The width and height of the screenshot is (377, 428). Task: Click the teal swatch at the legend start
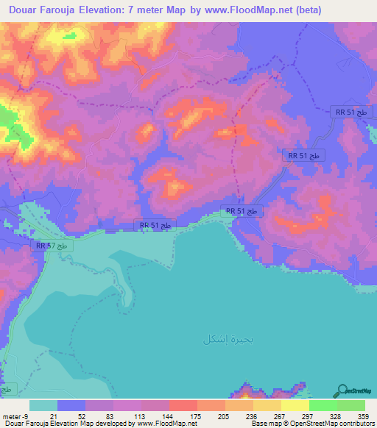coord(43,405)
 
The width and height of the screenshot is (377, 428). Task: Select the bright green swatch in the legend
coord(323,405)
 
